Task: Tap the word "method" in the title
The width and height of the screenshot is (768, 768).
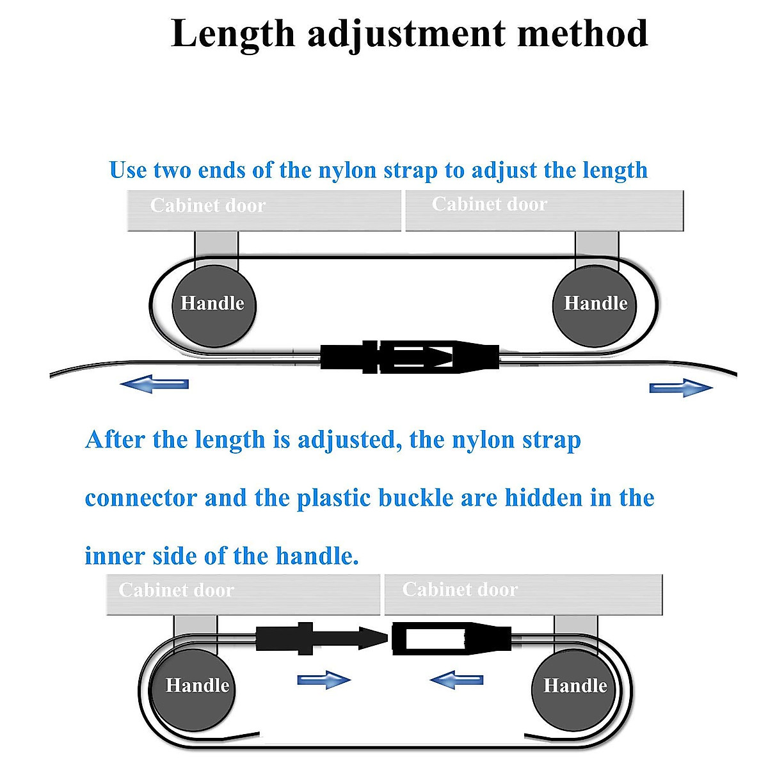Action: pyautogui.click(x=582, y=33)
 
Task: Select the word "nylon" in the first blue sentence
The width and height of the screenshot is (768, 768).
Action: pyautogui.click(x=347, y=172)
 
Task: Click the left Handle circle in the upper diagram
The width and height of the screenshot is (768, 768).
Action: pyautogui.click(x=214, y=306)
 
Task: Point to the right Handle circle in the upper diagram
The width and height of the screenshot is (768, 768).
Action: pyautogui.click(x=595, y=306)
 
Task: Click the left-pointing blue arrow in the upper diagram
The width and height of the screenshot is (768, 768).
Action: pyautogui.click(x=154, y=384)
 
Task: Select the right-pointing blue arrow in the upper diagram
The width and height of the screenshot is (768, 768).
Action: pyautogui.click(x=681, y=388)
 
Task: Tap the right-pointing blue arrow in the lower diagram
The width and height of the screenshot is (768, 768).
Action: pyautogui.click(x=324, y=680)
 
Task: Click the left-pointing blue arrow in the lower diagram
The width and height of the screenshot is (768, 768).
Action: pyautogui.click(x=456, y=680)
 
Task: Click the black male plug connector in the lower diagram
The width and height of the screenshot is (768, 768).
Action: pyautogui.click(x=322, y=638)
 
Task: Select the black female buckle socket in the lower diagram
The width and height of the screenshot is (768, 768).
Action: pyautogui.click(x=452, y=638)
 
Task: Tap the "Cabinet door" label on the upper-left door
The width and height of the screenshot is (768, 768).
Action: pyautogui.click(x=207, y=205)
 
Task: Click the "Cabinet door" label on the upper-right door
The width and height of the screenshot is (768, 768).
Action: pyautogui.click(x=490, y=204)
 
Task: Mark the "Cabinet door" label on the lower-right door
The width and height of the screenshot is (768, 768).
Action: pyautogui.click(x=460, y=589)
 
